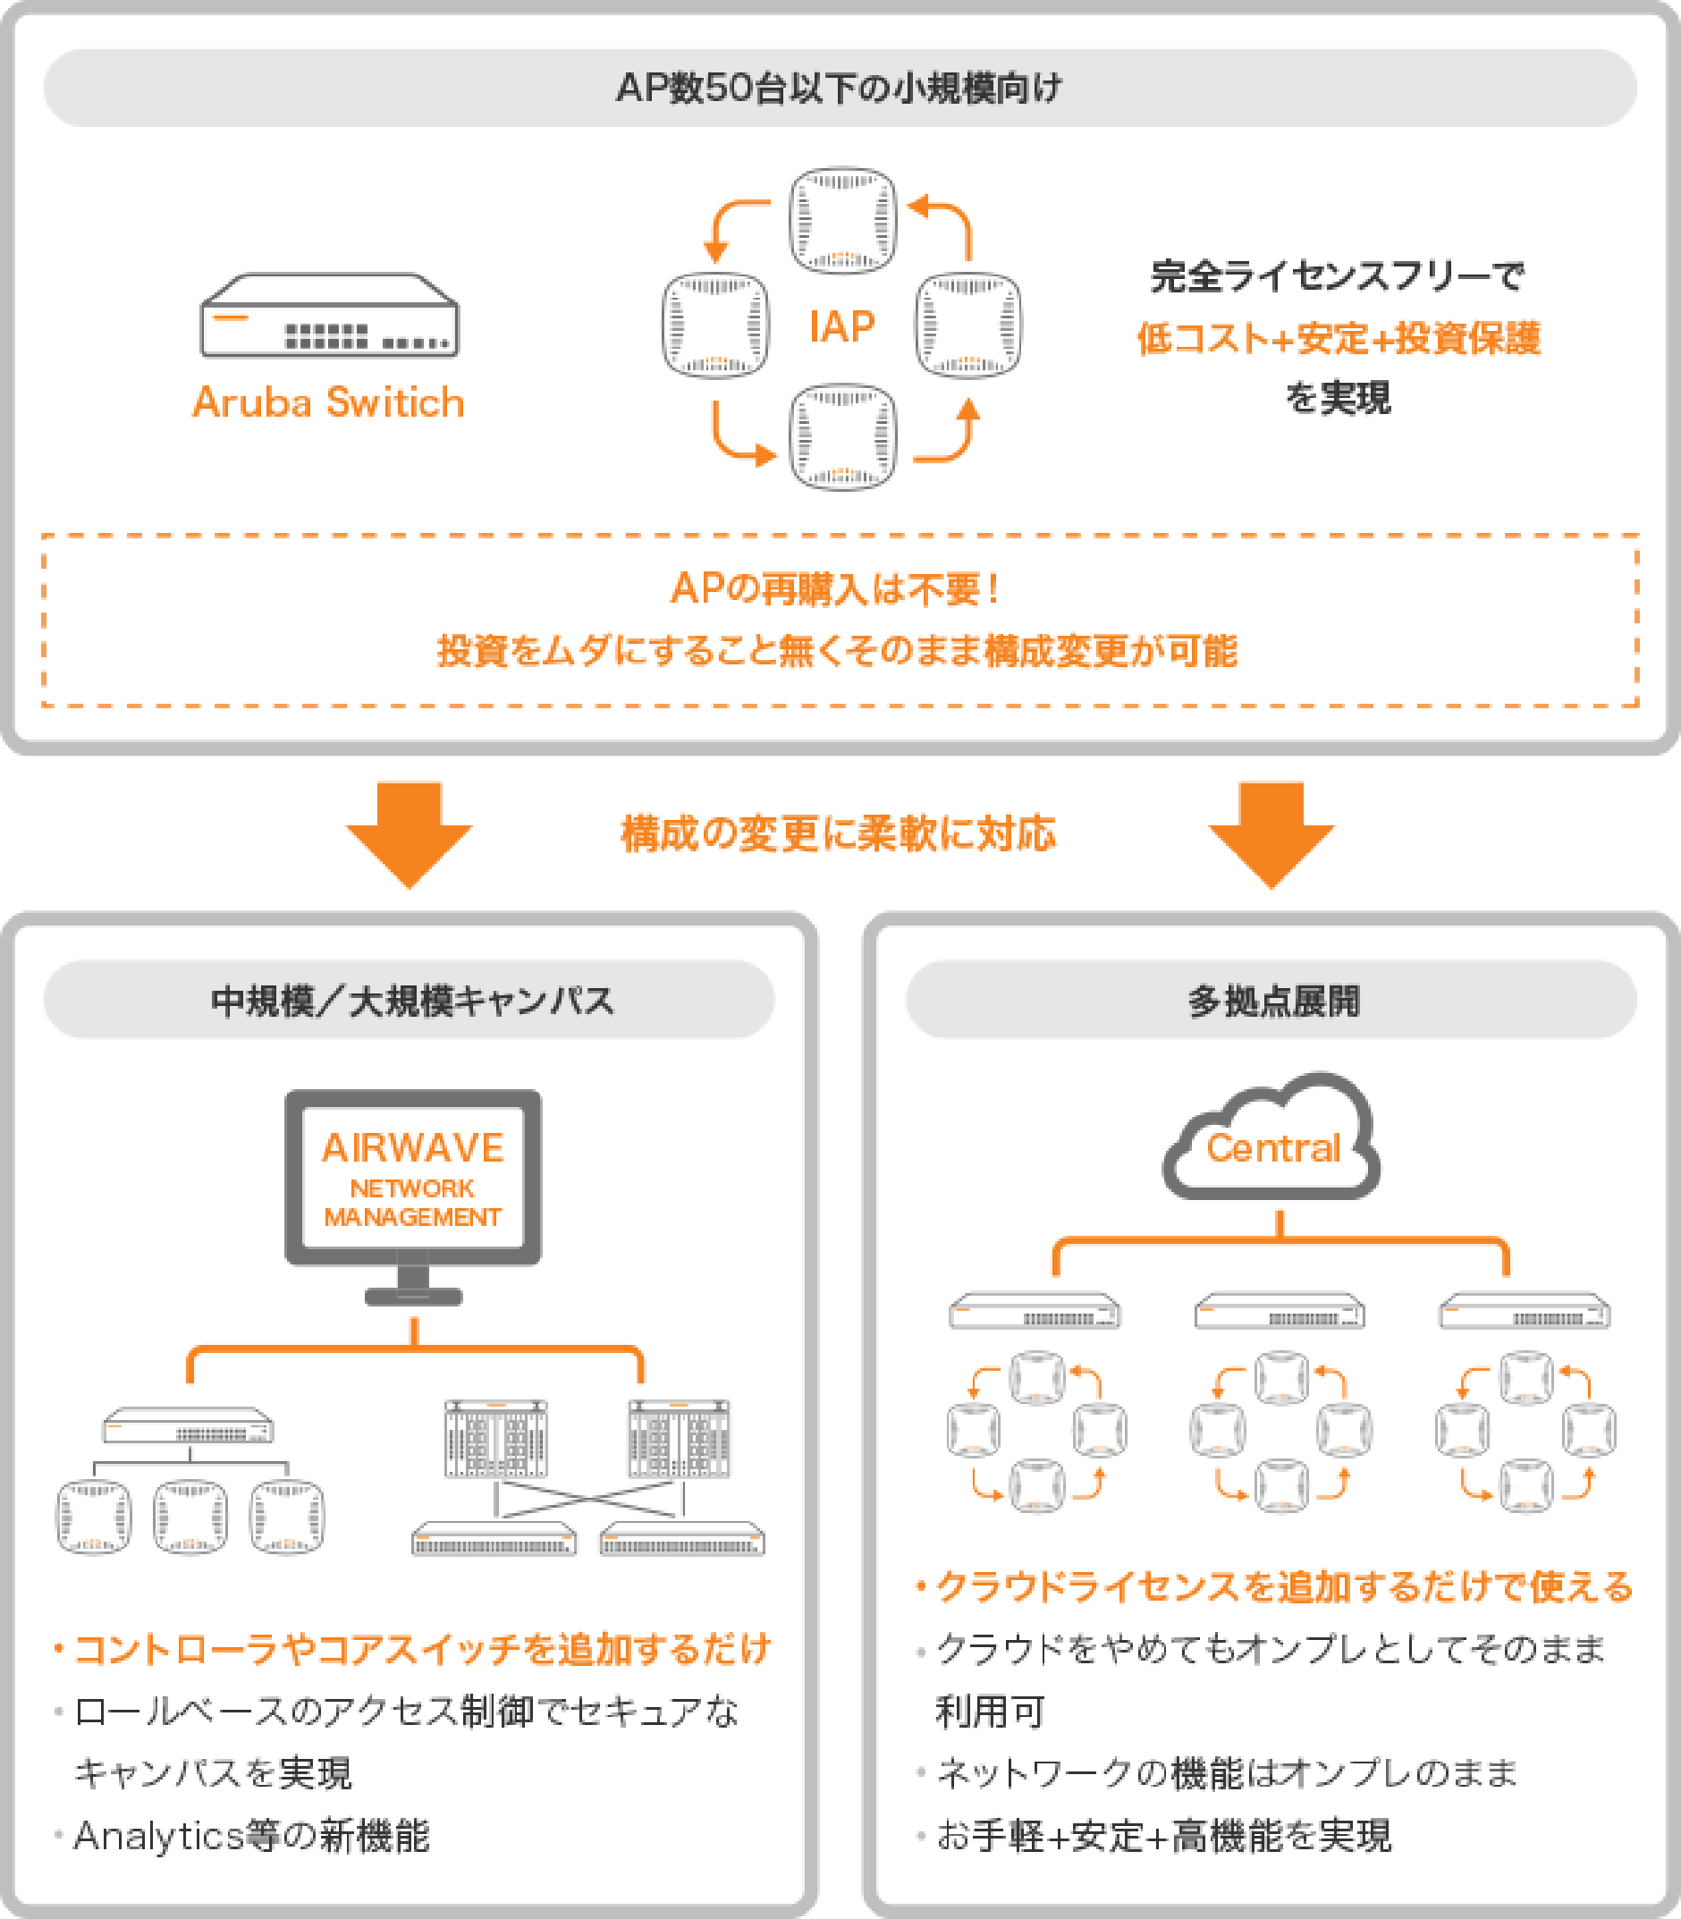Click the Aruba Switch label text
(328, 402)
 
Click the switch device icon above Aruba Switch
(329, 317)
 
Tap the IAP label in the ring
(841, 326)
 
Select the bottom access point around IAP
(842, 436)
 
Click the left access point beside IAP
(715, 326)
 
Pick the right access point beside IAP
(968, 326)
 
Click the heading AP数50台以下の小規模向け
(840, 89)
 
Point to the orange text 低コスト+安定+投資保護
(1338, 339)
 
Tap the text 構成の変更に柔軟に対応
(839, 833)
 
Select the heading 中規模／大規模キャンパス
(411, 1000)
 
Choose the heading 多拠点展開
(1272, 1000)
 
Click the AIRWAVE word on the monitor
(413, 1148)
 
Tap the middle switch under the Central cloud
(1280, 1311)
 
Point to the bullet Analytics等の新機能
(251, 1836)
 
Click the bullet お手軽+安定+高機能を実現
(1163, 1836)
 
